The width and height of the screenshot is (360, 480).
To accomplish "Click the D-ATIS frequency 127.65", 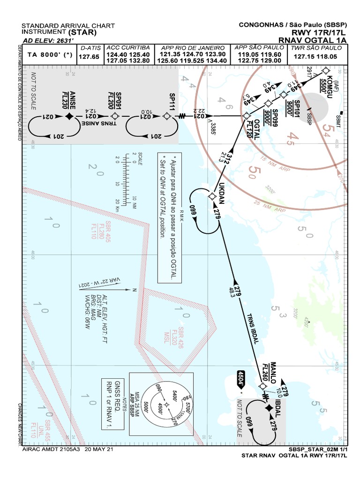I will coord(89,57).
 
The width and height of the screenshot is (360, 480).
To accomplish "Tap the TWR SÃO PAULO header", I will coord(314,48).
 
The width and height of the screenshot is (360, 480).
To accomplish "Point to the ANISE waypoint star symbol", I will coord(69,116).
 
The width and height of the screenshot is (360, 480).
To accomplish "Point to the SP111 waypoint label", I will coord(172,101).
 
